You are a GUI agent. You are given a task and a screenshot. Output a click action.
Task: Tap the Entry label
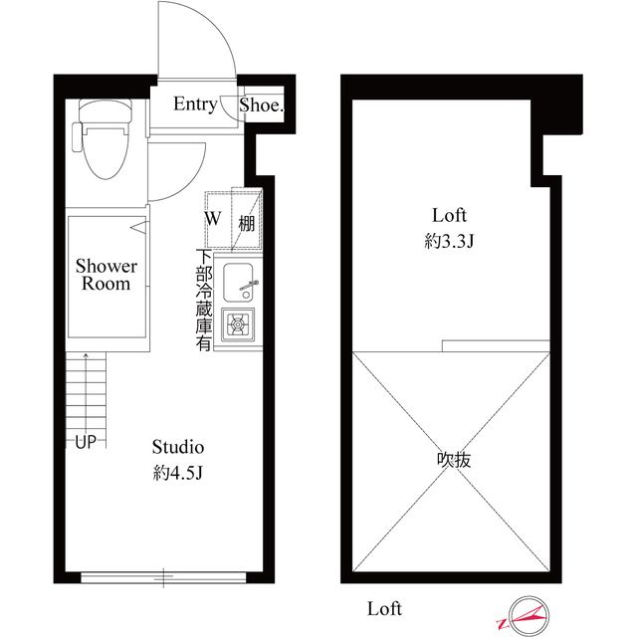tap(195, 105)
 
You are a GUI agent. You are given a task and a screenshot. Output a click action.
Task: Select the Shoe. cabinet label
tap(261, 106)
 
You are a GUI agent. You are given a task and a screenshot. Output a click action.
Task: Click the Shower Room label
tap(106, 275)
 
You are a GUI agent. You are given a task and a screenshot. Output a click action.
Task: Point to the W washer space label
tap(213, 219)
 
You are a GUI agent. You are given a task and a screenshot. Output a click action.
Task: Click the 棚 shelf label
tap(246, 223)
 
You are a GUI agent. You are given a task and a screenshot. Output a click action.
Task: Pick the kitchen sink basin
tap(239, 283)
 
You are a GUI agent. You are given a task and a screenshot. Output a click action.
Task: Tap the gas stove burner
tap(238, 324)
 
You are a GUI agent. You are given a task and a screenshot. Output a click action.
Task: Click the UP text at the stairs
tap(86, 442)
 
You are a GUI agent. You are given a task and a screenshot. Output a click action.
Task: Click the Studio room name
tap(178, 447)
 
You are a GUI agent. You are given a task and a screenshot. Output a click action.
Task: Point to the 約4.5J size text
tap(177, 473)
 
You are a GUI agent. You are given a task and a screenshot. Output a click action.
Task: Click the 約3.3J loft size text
tap(449, 241)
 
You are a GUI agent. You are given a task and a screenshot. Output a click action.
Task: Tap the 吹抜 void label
tap(454, 460)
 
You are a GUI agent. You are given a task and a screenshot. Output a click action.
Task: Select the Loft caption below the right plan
tap(384, 608)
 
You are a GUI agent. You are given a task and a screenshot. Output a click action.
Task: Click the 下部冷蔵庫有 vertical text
tap(204, 301)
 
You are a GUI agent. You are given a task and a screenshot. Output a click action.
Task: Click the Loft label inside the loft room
tap(449, 215)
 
